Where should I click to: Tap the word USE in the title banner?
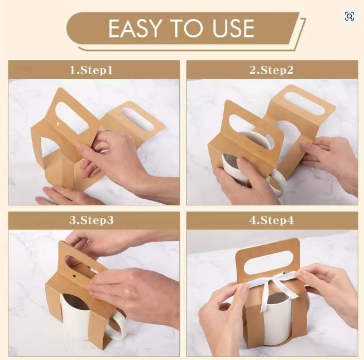pyautogui.click(x=229, y=28)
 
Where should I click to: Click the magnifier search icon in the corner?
pyautogui.click(x=349, y=16)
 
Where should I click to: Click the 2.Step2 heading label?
pyautogui.click(x=271, y=70)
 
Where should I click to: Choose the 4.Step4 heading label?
pyautogui.click(x=271, y=220)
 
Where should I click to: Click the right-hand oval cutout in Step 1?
pyautogui.click(x=137, y=118)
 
